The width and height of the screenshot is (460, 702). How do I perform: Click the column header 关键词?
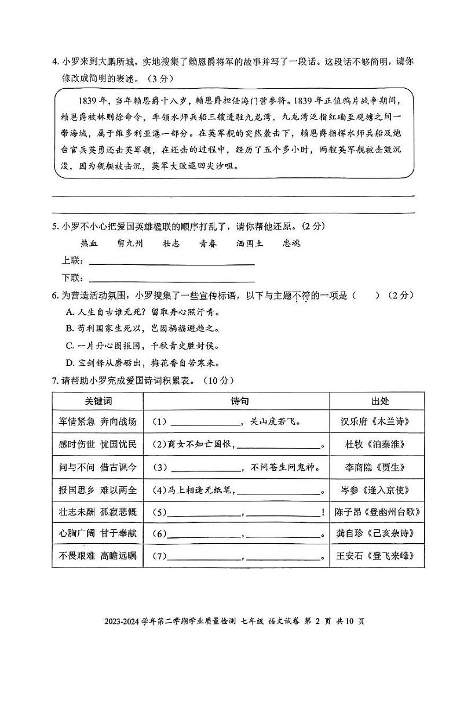(x=97, y=401)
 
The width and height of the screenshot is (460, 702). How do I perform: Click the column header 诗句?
(x=236, y=401)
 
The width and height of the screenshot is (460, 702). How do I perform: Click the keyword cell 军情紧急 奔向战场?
(x=97, y=421)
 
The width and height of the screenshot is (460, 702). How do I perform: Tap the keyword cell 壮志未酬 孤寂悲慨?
(x=97, y=512)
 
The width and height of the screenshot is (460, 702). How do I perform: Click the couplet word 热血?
(x=89, y=243)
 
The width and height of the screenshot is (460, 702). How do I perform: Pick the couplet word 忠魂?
(x=292, y=243)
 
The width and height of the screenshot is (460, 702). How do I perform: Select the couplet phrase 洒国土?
(x=250, y=243)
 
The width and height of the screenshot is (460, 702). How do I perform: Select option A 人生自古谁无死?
(x=141, y=312)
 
